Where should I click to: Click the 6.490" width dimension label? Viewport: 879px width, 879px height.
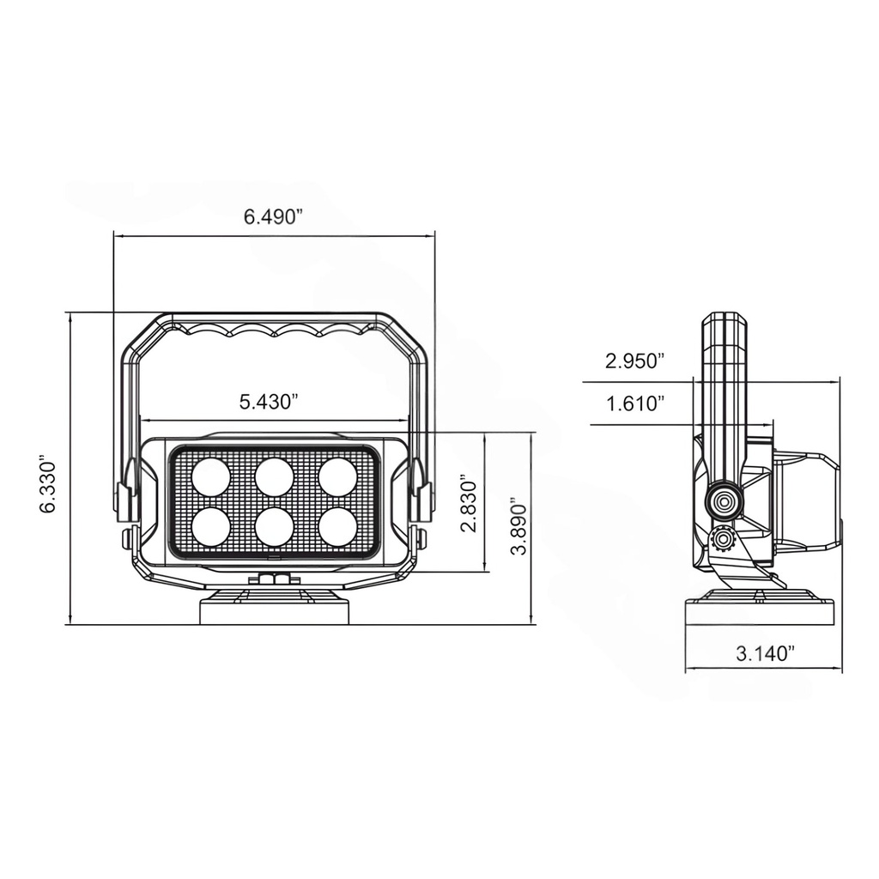click(274, 216)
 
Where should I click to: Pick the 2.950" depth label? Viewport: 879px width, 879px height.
click(635, 361)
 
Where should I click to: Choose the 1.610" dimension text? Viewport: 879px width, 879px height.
click(635, 403)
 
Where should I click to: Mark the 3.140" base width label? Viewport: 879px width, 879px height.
click(766, 654)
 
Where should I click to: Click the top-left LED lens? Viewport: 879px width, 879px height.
click(210, 477)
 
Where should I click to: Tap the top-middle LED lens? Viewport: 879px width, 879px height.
click(275, 477)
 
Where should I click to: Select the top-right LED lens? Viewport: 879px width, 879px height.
click(338, 477)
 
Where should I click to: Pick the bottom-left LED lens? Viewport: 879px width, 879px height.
click(210, 526)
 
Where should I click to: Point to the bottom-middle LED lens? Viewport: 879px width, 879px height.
click(275, 526)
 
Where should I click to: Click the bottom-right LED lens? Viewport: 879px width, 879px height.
click(338, 526)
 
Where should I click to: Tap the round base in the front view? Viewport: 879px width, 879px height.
click(275, 609)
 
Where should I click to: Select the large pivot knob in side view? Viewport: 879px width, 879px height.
click(724, 500)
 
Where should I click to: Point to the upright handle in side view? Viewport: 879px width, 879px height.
click(726, 378)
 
